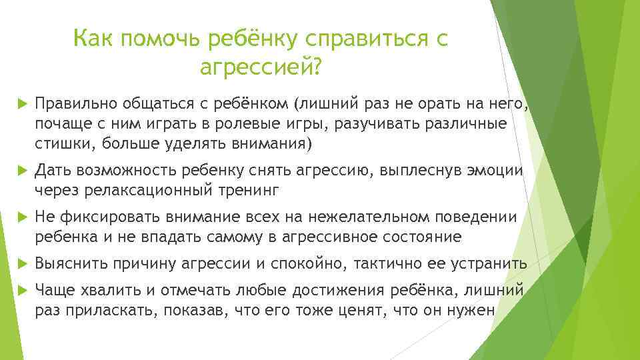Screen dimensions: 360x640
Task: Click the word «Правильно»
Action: coord(75,104)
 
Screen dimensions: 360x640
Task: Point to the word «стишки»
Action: coord(59,144)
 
